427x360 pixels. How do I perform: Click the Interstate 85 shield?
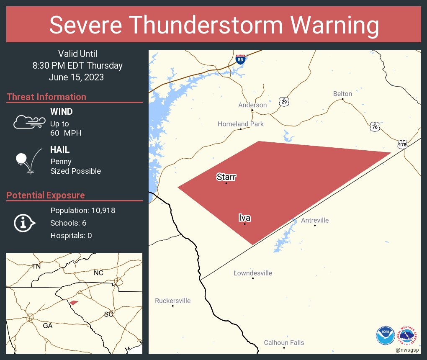pyautogui.click(x=240, y=59)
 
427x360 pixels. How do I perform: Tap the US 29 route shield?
pyautogui.click(x=284, y=102)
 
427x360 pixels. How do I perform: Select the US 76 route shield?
pyautogui.click(x=375, y=126)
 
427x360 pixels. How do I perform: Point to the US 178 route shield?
pyautogui.click(x=402, y=144)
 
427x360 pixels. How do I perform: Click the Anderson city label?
pyautogui.click(x=252, y=105)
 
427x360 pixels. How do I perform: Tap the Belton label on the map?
pyautogui.click(x=342, y=94)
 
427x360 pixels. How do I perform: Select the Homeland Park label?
pyautogui.click(x=241, y=124)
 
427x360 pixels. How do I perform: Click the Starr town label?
pyautogui.click(x=226, y=177)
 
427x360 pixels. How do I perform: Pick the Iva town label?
pyautogui.click(x=245, y=218)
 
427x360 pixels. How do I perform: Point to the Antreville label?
pyautogui.click(x=315, y=220)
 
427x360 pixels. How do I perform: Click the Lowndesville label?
pyautogui.click(x=253, y=273)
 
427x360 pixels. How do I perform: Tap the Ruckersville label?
pyautogui.click(x=172, y=301)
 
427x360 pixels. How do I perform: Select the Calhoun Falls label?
pyautogui.click(x=284, y=342)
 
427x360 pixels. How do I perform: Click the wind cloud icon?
pyautogui.click(x=29, y=122)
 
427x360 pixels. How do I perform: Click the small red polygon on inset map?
pyautogui.click(x=74, y=302)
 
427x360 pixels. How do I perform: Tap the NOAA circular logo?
pyautogui.click(x=386, y=335)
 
